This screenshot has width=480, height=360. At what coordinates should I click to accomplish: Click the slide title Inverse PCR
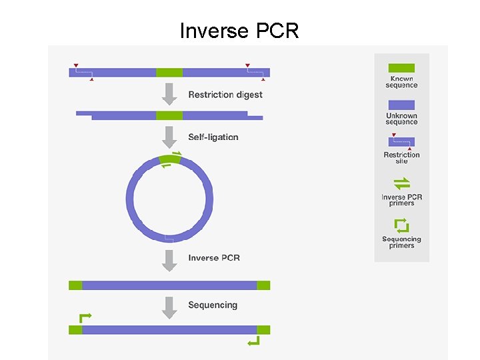pos(239,30)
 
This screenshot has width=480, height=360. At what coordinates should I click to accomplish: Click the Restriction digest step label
pos(225,95)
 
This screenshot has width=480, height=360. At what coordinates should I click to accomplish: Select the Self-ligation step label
pos(213,137)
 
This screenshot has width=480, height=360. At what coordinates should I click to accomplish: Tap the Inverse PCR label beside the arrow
pos(213,258)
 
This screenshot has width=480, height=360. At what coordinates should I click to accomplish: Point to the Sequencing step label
pos(213,305)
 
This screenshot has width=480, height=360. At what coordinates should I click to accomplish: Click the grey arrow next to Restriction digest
pos(170,94)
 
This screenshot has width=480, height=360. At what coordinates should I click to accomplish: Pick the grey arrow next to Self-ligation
pos(170,137)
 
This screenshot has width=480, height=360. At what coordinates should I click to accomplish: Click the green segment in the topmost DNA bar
pos(169,72)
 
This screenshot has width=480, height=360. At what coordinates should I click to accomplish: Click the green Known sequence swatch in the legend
pos(401,68)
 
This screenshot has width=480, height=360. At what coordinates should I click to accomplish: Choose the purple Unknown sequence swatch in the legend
pos(401,105)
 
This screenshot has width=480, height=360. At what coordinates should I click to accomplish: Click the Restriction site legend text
pos(401,158)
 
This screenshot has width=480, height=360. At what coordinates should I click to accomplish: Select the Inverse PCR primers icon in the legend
pos(401,183)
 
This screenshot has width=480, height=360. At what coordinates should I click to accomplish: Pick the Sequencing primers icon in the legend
pos(401,225)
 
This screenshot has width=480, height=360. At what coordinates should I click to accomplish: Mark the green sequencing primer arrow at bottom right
pos(254,342)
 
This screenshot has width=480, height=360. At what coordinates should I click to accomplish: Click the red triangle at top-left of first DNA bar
pos(76,65)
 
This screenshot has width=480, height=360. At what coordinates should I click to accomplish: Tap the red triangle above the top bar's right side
pos(247,65)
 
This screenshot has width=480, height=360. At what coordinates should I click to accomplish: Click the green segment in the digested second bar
pos(169,115)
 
